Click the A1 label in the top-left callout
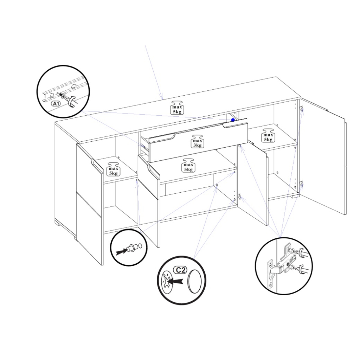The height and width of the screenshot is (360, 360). pyautogui.click(x=56, y=104)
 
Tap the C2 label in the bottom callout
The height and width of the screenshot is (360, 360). pyautogui.click(x=180, y=270)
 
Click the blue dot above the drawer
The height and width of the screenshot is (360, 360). pyautogui.click(x=233, y=120)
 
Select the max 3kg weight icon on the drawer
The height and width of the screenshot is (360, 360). pyautogui.click(x=197, y=141)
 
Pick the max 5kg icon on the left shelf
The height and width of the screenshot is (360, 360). pyautogui.click(x=113, y=169)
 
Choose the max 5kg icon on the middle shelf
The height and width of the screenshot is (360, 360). pyautogui.click(x=188, y=165)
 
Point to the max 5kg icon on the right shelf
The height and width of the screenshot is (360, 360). pyautogui.click(x=268, y=135)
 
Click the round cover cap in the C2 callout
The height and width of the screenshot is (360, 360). pyautogui.click(x=195, y=281)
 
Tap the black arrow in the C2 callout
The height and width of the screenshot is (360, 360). pyautogui.click(x=175, y=281)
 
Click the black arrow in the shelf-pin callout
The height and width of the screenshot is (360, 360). pyautogui.click(x=121, y=252)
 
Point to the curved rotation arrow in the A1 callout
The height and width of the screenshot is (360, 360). pyautogui.click(x=72, y=101)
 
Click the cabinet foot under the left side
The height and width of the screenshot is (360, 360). pyautogui.click(x=58, y=222)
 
